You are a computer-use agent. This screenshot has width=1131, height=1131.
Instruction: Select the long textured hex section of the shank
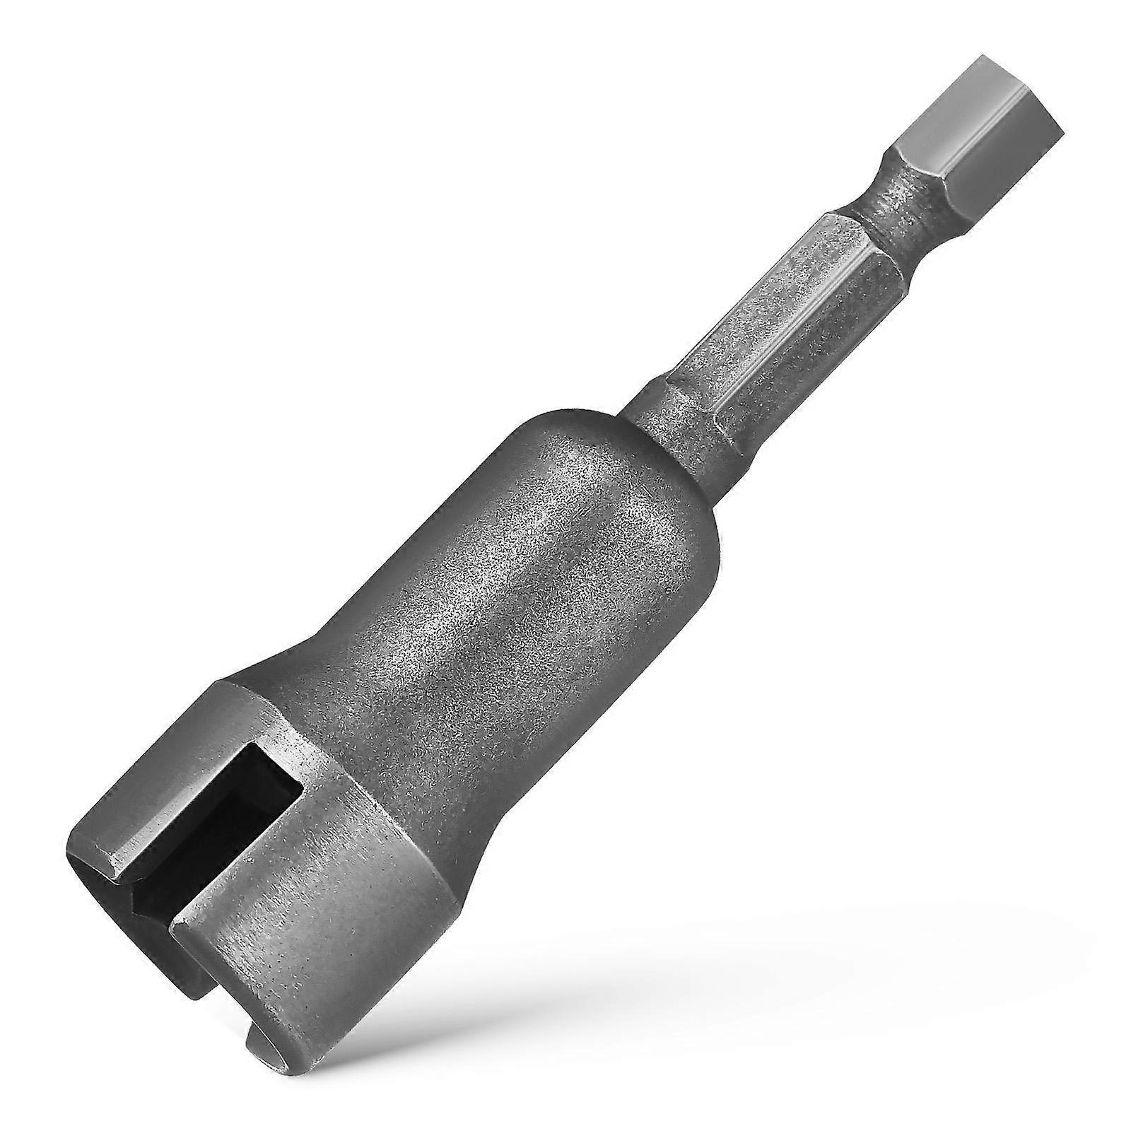(x=770, y=311)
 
